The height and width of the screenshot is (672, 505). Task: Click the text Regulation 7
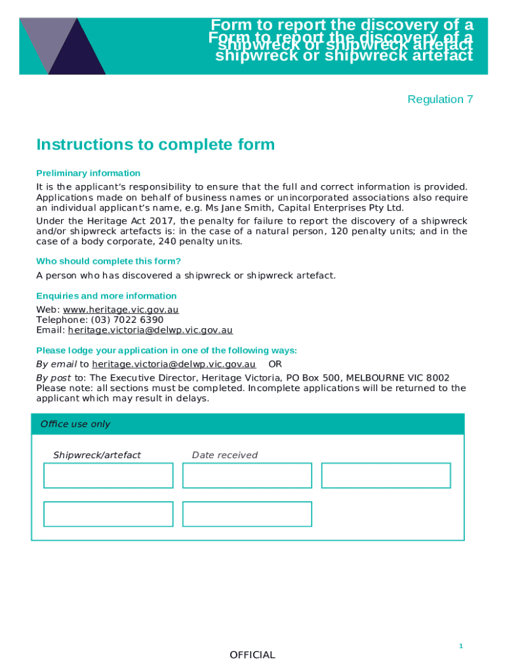click(x=440, y=99)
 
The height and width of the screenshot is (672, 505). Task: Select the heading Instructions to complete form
click(x=155, y=144)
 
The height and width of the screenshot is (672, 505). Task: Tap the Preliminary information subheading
click(x=88, y=173)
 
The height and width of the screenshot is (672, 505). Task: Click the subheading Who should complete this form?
click(x=108, y=261)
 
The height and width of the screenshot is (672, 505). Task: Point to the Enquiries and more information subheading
click(x=106, y=296)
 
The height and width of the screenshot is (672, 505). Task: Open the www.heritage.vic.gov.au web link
click(x=121, y=310)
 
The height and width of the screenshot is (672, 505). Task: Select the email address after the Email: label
click(x=150, y=330)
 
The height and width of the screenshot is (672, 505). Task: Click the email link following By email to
click(x=174, y=364)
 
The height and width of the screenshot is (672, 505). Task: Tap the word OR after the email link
click(x=275, y=364)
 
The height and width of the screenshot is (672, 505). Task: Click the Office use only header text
click(x=75, y=424)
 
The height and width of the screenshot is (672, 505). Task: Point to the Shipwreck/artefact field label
click(x=97, y=455)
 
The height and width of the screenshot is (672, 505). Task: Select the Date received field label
click(x=224, y=455)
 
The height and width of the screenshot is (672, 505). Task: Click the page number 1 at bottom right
click(x=460, y=646)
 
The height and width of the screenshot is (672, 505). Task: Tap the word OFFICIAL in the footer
click(x=253, y=655)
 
